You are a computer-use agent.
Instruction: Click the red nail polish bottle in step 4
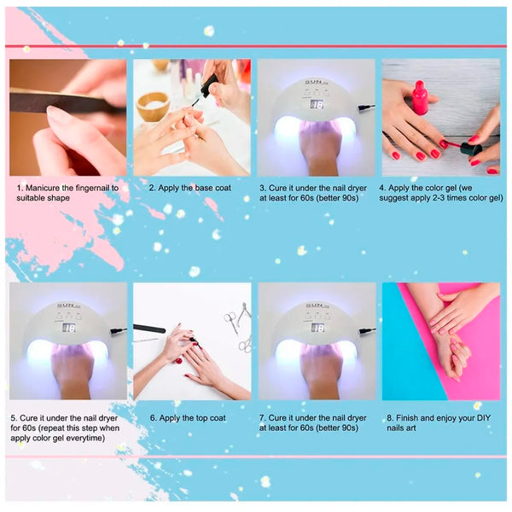[x=420, y=98]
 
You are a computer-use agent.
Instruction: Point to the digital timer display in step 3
[x=316, y=105]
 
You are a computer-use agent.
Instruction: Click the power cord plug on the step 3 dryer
[x=365, y=108]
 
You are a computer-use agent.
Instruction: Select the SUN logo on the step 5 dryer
[x=67, y=305]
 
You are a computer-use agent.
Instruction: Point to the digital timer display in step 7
[x=317, y=328]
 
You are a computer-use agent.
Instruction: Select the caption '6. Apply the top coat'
[x=188, y=418]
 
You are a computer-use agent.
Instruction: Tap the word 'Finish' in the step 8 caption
[x=413, y=418]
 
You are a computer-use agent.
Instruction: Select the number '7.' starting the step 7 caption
[x=263, y=418]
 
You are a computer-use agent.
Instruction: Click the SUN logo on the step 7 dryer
[x=317, y=305]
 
